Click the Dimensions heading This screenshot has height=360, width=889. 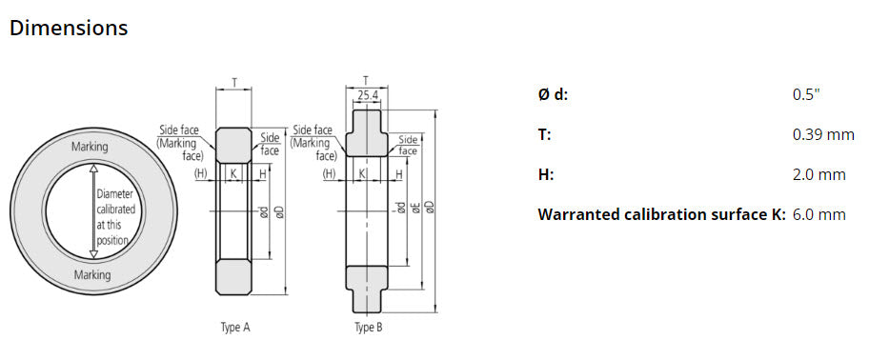pos(68,28)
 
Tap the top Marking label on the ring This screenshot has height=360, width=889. pos(90,147)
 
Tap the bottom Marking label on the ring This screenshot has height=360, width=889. pos(91,274)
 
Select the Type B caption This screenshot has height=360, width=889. pos(368,327)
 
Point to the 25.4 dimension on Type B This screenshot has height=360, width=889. pos(367,96)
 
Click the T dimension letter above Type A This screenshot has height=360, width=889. pos(234,83)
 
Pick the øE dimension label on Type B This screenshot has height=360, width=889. pos(415,208)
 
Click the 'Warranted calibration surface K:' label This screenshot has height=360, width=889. pos(661,214)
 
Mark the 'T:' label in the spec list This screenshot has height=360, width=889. pos(544,134)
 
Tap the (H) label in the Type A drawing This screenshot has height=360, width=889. pos(201,173)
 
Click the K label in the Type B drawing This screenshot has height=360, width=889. pos(362,173)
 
